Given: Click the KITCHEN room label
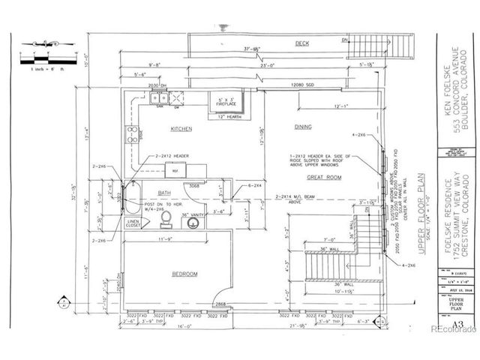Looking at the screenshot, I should pyautogui.click(x=181, y=129).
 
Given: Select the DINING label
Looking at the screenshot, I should pyautogui.click(x=303, y=127).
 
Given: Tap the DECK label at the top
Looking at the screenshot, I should pyautogui.click(x=302, y=43).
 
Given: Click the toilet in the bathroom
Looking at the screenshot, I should pyautogui.click(x=166, y=217).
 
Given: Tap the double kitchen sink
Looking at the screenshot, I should pyautogui.click(x=154, y=97).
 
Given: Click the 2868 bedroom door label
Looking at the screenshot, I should pyautogui.click(x=222, y=304).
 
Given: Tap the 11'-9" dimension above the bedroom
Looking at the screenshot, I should pyautogui.click(x=169, y=239).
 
